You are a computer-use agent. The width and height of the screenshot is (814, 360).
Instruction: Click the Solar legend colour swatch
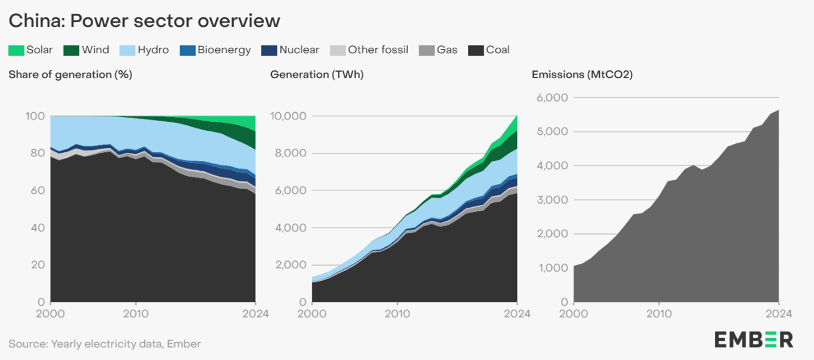[16, 50]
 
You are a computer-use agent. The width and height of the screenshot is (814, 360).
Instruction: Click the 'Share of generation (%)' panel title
[70, 75]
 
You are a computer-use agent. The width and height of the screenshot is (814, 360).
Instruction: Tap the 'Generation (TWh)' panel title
[317, 75]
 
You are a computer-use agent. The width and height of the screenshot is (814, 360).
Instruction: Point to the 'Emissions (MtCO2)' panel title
[582, 75]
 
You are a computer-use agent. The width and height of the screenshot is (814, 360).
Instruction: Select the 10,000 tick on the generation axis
[289, 116]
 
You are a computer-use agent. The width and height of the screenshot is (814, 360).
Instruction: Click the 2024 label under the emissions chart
[778, 313]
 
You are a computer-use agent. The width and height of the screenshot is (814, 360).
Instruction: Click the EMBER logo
[753, 340]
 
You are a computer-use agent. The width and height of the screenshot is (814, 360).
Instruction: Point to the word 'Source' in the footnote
[27, 343]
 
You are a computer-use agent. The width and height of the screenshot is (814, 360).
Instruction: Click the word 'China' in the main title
[35, 21]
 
